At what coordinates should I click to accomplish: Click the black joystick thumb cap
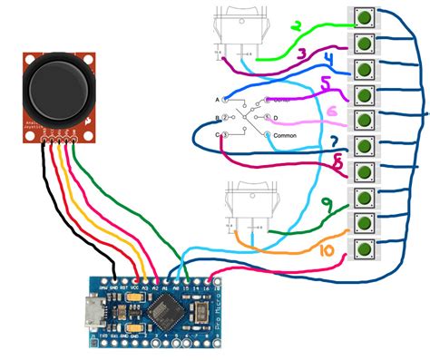pos(58,87)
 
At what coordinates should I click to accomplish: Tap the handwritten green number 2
pos(296,26)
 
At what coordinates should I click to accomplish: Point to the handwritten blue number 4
pos(327,62)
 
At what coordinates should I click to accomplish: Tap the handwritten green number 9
pos(337,165)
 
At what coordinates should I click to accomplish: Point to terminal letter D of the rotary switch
pos(276,118)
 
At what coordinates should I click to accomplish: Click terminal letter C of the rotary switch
pos(219,135)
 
